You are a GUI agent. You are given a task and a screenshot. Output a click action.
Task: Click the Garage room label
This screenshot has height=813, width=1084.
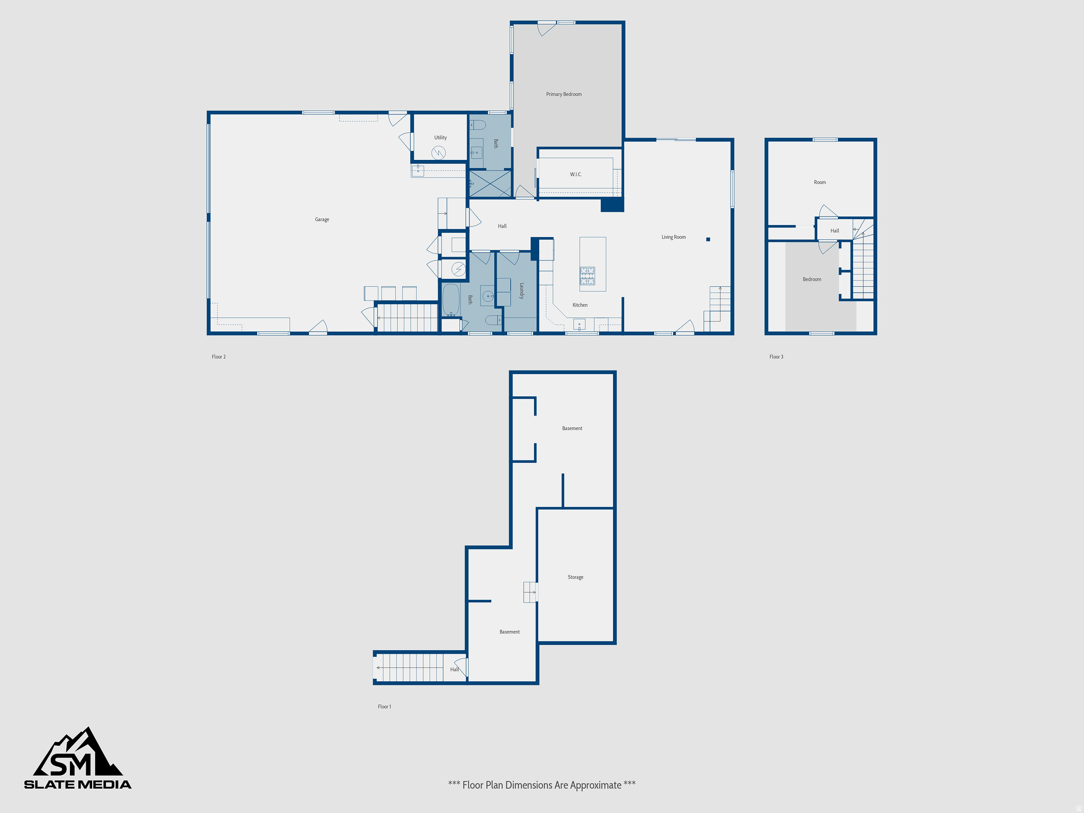[x=322, y=220]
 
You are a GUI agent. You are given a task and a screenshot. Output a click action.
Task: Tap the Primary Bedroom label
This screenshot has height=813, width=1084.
[x=564, y=94]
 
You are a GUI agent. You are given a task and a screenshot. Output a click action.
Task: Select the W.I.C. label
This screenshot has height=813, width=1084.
[x=576, y=174]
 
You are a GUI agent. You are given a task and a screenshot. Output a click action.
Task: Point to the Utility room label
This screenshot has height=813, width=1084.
[x=440, y=138]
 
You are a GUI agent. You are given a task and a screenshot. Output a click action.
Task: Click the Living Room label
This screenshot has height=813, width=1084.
[x=673, y=237]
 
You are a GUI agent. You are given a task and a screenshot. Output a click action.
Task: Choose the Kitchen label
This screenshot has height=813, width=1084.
[x=580, y=305]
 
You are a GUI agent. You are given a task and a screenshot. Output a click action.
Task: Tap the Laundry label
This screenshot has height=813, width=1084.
[x=521, y=291]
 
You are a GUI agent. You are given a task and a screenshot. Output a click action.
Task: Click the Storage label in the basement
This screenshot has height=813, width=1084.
[x=575, y=577]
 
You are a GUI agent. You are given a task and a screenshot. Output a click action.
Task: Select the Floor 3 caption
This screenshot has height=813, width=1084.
[x=776, y=357]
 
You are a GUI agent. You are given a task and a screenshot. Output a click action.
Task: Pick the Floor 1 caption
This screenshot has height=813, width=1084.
[x=384, y=707]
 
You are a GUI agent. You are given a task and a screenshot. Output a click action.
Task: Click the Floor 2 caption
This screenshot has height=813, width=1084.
[x=219, y=357]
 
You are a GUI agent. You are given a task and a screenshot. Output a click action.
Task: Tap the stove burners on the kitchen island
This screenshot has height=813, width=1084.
[x=588, y=276]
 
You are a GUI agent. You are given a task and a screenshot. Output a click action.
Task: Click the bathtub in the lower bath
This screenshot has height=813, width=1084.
[x=451, y=300]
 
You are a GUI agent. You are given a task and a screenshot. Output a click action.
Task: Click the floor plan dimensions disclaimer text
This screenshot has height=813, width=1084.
[x=541, y=785]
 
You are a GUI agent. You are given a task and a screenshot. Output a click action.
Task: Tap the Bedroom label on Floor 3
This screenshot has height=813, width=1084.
[x=812, y=279]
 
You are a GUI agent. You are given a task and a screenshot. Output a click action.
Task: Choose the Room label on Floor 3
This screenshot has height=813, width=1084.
[x=820, y=182]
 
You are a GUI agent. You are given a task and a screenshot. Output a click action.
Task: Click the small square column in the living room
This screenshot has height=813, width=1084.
[x=708, y=239]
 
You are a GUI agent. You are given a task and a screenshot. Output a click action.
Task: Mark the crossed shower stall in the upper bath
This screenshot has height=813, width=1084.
[x=491, y=184]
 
